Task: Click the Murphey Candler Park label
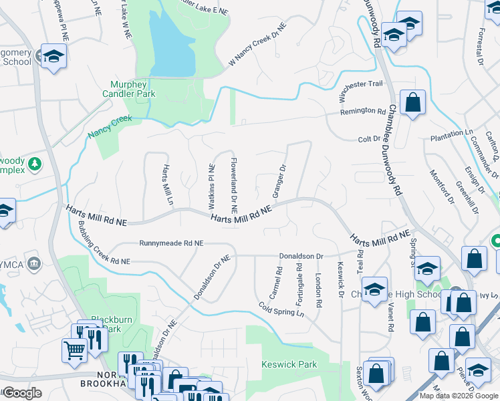point(133,89)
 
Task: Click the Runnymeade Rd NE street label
point(172,243)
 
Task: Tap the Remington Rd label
point(363,112)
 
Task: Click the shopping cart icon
point(74,349)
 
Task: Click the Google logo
point(22,393)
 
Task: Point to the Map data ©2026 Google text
point(459,396)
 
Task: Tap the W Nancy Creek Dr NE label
point(257,44)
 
